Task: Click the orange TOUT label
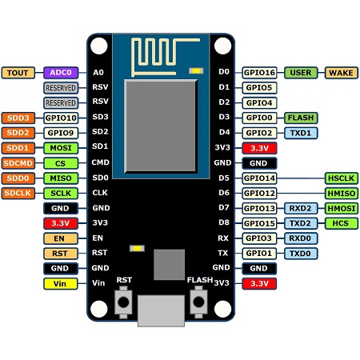pyautogui.click(x=18, y=73)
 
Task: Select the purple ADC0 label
pyautogui.click(x=61, y=73)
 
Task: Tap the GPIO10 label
pyautogui.click(x=61, y=118)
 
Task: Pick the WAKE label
pyautogui.click(x=340, y=73)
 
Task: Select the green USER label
pyautogui.click(x=301, y=73)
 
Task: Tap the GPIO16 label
pyautogui.click(x=259, y=73)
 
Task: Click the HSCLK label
pyautogui.click(x=340, y=178)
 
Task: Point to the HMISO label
pyautogui.click(x=340, y=193)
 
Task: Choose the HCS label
pyautogui.click(x=340, y=223)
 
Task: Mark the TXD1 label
pyautogui.click(x=301, y=133)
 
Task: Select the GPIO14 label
pyautogui.click(x=259, y=178)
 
